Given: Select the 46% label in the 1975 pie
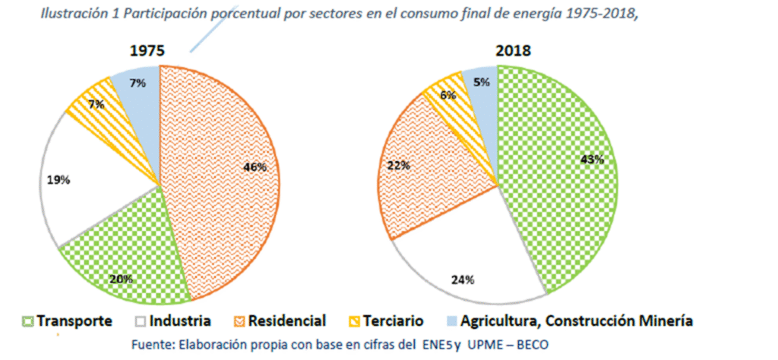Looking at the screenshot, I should [255, 167].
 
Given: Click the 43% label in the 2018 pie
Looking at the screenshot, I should [593, 159].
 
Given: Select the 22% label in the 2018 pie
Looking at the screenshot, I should [400, 164].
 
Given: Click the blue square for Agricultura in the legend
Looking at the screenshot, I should [457, 321].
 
